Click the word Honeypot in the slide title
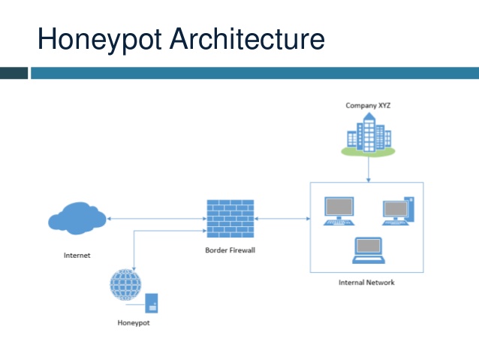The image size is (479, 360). click(100, 39)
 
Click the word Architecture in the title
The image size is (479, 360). click(247, 38)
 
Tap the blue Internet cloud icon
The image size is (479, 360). click(77, 218)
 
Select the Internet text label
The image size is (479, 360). click(77, 255)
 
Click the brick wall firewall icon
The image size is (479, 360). click(230, 219)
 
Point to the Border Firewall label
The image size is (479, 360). click(230, 250)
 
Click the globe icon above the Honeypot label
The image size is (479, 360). click(125, 284)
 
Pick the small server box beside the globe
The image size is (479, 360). click(151, 303)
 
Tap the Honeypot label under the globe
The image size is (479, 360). click(134, 323)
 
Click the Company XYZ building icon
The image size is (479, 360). click(369, 135)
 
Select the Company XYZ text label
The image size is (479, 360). click(368, 105)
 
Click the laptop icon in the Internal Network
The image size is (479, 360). click(369, 250)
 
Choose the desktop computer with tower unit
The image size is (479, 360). click(398, 211)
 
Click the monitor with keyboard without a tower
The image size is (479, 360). click(339, 211)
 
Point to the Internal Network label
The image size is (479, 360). click(366, 283)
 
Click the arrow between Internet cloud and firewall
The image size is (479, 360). click(157, 219)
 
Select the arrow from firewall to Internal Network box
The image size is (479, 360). click(282, 219)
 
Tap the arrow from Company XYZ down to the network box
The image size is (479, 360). click(369, 169)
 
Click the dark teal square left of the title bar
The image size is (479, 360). click(14, 73)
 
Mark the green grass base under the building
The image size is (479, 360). click(368, 152)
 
